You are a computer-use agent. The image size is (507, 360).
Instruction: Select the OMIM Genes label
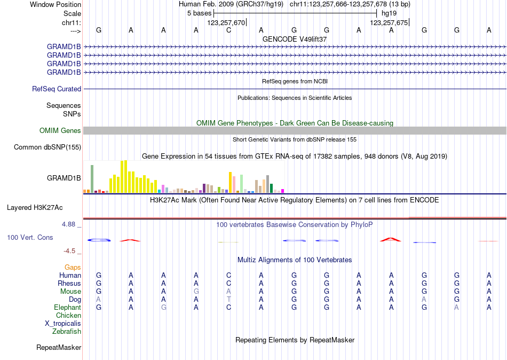(x=60, y=131)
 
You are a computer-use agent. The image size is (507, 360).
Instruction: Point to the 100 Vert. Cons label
(x=30, y=237)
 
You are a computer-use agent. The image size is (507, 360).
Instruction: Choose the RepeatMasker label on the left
(x=59, y=348)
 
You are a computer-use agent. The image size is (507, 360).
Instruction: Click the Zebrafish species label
(x=67, y=332)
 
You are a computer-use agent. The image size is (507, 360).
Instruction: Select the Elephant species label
(x=67, y=308)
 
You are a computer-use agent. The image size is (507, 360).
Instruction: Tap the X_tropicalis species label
(x=63, y=324)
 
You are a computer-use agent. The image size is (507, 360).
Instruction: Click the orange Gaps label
(x=73, y=267)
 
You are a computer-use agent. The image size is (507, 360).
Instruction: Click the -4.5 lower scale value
(x=69, y=251)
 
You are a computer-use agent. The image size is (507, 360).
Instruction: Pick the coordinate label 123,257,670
(x=226, y=22)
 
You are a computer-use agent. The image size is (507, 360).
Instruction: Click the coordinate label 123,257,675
(x=389, y=22)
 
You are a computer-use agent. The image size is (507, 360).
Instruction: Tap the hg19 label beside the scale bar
(x=389, y=13)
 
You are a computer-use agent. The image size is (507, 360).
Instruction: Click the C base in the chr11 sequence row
(x=228, y=30)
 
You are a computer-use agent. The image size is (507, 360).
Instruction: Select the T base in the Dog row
(x=228, y=300)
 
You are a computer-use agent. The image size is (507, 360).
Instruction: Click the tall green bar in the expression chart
(x=92, y=178)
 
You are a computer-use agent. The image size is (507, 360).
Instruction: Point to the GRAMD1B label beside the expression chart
(x=64, y=178)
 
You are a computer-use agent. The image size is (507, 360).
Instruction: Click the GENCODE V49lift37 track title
(x=295, y=40)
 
